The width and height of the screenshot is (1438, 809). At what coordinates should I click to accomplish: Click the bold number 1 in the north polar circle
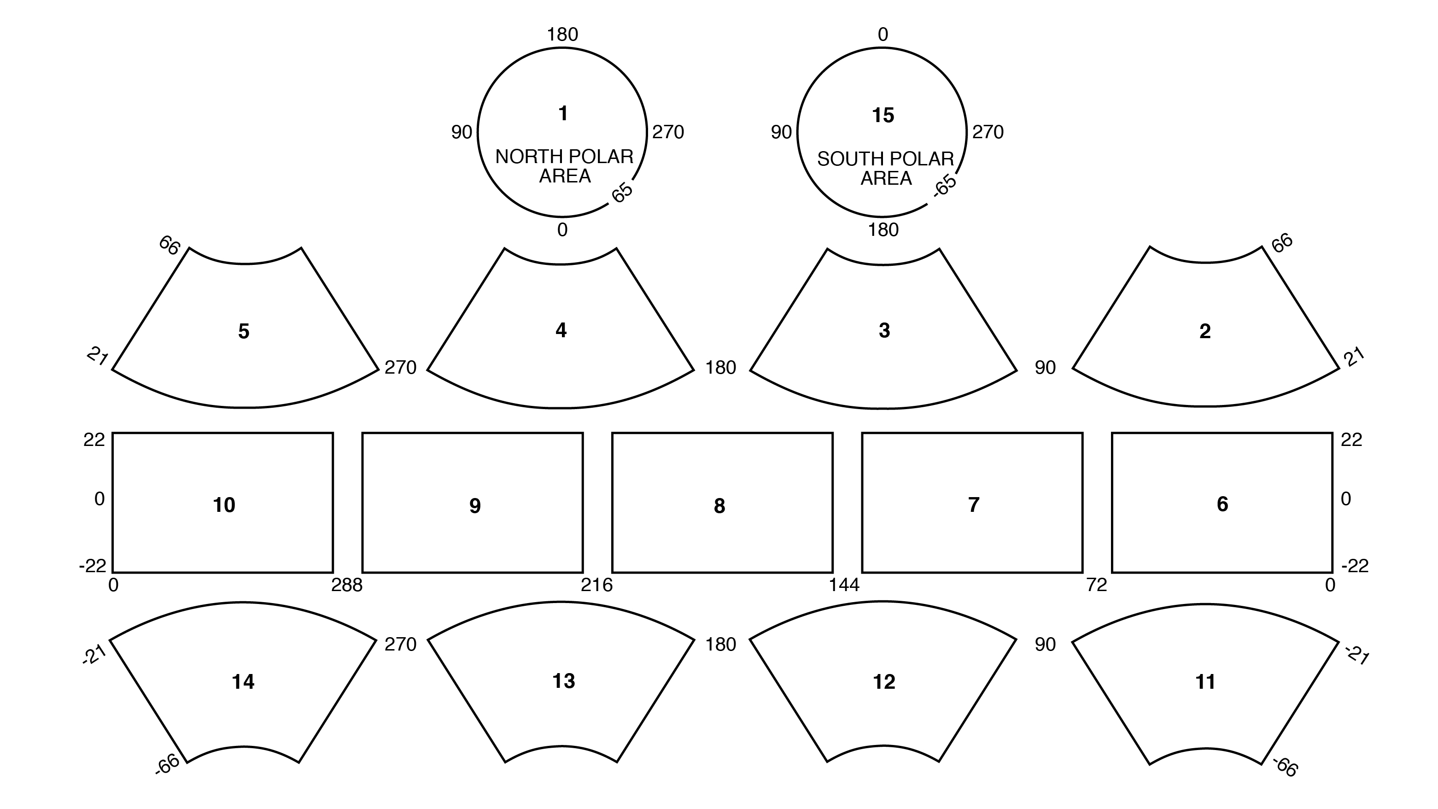coord(563,113)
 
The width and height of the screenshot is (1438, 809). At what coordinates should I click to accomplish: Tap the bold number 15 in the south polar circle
coord(883,116)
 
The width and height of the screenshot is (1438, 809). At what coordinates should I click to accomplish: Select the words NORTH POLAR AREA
coord(564,166)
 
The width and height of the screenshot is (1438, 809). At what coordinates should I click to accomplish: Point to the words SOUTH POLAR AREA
coord(885,168)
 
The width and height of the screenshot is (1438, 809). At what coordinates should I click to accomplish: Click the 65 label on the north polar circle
coord(622,192)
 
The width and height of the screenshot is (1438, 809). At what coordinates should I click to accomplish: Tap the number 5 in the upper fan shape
coord(243,331)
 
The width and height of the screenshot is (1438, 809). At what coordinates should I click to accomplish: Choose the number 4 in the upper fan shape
coord(561,330)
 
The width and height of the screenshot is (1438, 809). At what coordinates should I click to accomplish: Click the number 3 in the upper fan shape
coord(884,330)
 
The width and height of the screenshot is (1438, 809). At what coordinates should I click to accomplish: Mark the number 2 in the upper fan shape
coord(1204,331)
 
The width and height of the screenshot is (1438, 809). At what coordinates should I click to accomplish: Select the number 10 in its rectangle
coord(224,505)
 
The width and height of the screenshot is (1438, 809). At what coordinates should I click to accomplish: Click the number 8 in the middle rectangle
coord(719,506)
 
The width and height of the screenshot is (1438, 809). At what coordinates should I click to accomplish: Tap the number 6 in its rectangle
coord(1222,504)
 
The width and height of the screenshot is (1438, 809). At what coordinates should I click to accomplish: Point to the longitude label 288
coord(347,585)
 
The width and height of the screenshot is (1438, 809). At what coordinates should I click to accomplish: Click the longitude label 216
coord(596,585)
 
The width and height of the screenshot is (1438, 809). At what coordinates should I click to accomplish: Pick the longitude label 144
coord(844,585)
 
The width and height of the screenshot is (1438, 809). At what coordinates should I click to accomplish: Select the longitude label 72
coord(1096,585)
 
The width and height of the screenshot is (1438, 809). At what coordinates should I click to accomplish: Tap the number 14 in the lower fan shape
coord(243,682)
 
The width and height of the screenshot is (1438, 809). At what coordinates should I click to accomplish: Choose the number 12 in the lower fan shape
coord(884,682)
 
